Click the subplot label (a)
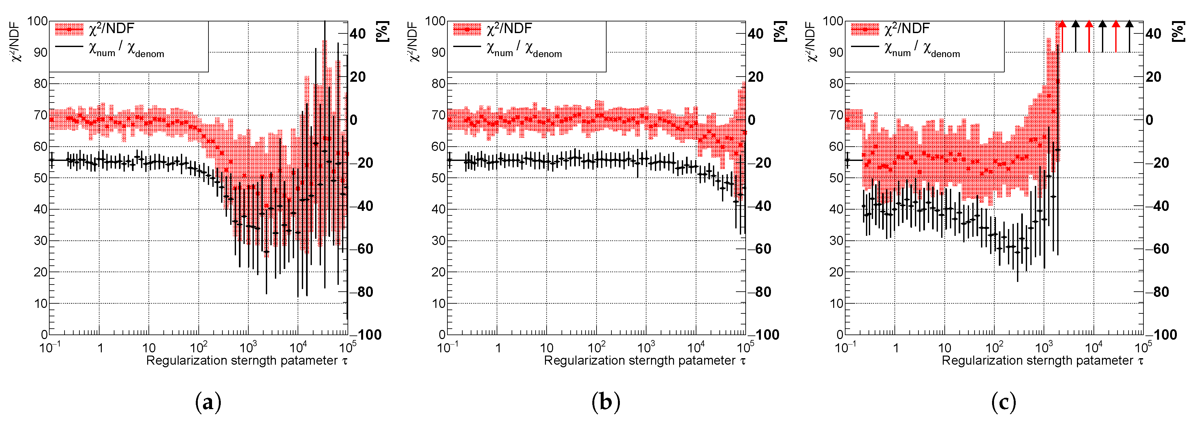point(208,402)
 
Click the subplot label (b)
point(606,402)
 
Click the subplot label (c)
point(1003,402)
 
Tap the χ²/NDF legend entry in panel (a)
point(111,29)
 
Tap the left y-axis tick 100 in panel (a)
point(37,21)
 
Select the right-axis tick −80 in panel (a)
point(365,292)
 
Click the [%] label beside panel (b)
point(781,31)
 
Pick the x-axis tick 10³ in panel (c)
point(1044,347)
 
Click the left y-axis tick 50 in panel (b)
point(438,178)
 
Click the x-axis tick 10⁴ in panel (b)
point(696,347)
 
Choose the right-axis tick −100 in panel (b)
point(767,334)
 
